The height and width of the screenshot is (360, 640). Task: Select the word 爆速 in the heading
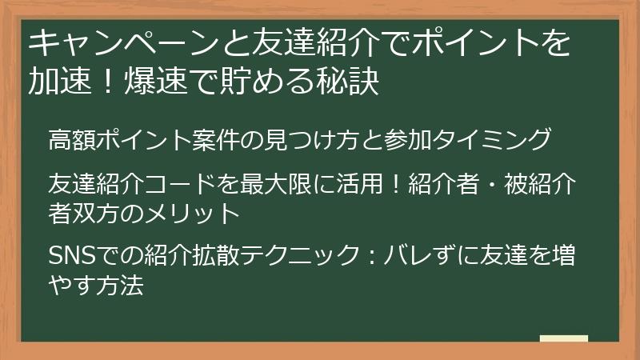155,82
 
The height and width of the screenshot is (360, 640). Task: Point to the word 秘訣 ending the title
349,82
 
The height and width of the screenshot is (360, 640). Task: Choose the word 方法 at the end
122,285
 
